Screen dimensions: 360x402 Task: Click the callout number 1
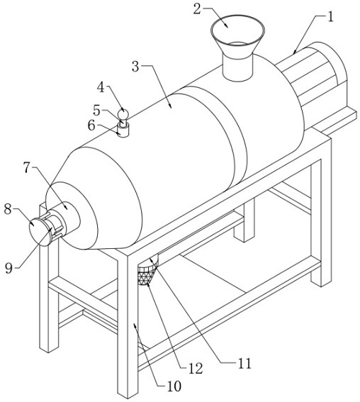pyautogui.click(x=330, y=17)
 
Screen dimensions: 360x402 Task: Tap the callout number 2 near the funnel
pyautogui.click(x=197, y=9)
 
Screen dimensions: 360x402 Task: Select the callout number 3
pyautogui.click(x=135, y=67)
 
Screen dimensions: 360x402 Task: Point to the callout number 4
pyautogui.click(x=101, y=87)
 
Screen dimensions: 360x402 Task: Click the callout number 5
pyautogui.click(x=96, y=111)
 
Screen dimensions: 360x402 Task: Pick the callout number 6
pyautogui.click(x=91, y=125)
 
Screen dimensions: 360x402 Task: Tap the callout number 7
pyautogui.click(x=28, y=168)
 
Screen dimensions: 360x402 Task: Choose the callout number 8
pyautogui.click(x=8, y=209)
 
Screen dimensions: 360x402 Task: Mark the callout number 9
pyautogui.click(x=9, y=268)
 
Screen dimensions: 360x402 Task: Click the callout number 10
pyautogui.click(x=174, y=386)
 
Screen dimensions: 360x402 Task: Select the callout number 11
pyautogui.click(x=244, y=364)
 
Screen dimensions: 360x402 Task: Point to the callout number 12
pyautogui.click(x=196, y=369)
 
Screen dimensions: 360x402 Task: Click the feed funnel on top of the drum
pyautogui.click(x=237, y=48)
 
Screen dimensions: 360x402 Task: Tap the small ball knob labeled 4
pyautogui.click(x=123, y=113)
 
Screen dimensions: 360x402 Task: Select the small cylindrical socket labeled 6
pyautogui.click(x=123, y=130)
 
